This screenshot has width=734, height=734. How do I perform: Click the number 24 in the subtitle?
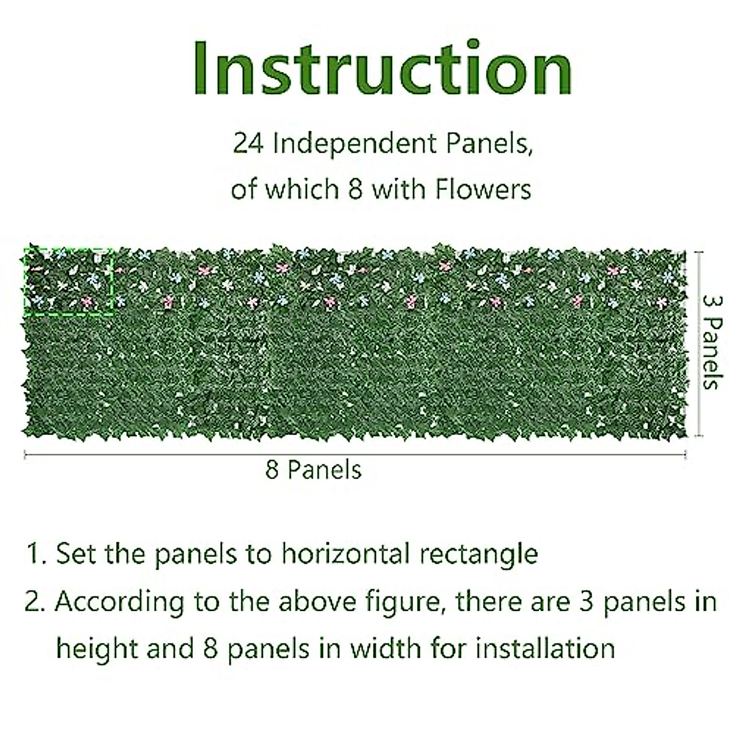(x=248, y=146)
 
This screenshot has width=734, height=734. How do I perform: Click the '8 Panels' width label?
(x=313, y=470)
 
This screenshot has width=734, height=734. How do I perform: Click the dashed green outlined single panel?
(x=69, y=281)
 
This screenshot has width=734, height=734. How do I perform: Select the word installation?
(x=545, y=648)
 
